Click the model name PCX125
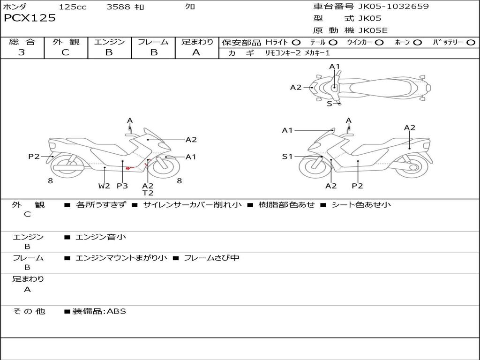pos(30,18)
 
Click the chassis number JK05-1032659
pos(393,6)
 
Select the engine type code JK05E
pos(373,30)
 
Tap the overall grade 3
pos(22,52)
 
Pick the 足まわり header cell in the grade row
pos(197,42)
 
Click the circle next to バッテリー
pos(471,43)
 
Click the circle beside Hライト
pos(296,43)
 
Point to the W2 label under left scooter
pos(104,186)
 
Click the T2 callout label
pos(148,193)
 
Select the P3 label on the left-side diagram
pos(122,186)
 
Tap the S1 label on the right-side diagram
pos(287,157)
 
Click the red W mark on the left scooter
pos(129,168)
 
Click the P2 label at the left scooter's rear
pos(34,157)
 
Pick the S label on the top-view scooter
pos(330,104)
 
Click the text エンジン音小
pos(101,237)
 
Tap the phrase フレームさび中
pos(211,258)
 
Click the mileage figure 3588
pos(118,7)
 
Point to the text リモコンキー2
pos(283,53)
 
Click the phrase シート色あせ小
pos(361,204)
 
